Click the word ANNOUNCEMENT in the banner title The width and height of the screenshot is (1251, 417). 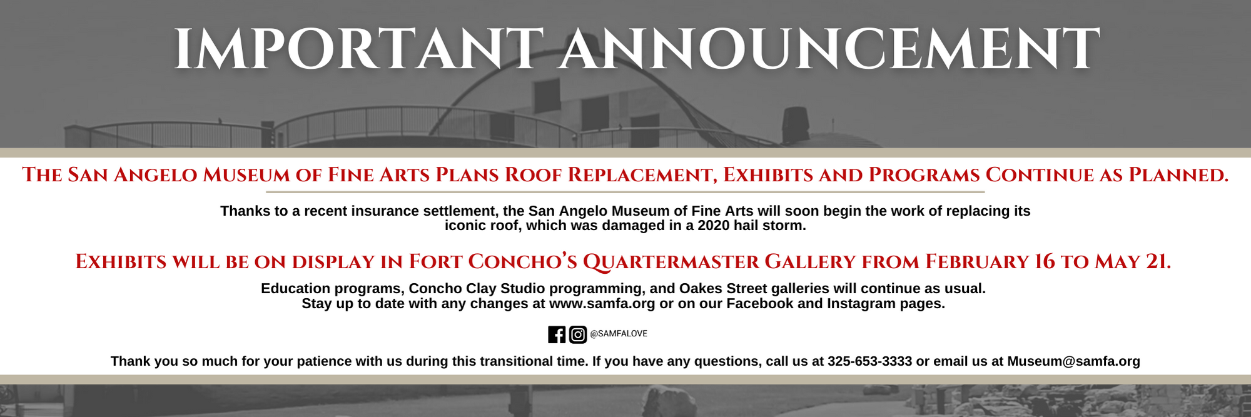click(x=829, y=49)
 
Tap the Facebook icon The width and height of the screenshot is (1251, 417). click(x=557, y=334)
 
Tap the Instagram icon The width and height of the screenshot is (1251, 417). click(x=578, y=334)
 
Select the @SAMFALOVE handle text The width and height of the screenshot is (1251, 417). click(x=619, y=334)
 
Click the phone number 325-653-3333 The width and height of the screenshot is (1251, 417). click(x=869, y=361)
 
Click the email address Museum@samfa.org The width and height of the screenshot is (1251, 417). click(x=1073, y=361)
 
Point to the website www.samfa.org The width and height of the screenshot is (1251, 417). click(x=602, y=304)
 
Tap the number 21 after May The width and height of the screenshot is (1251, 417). click(x=1157, y=261)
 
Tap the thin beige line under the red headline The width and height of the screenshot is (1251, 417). click(x=625, y=192)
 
